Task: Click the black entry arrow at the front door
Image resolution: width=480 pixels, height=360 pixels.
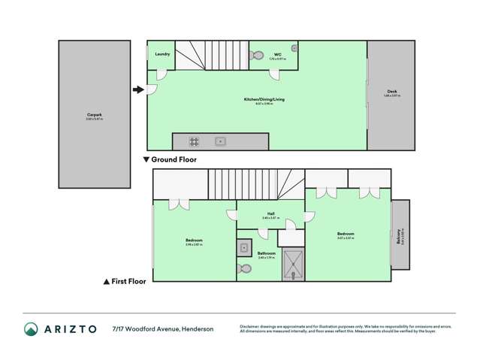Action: (x=137, y=90)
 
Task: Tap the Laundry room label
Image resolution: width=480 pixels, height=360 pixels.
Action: (x=162, y=54)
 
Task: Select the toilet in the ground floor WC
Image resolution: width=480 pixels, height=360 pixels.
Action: (x=258, y=55)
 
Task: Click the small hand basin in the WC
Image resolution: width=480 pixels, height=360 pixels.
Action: (x=294, y=48)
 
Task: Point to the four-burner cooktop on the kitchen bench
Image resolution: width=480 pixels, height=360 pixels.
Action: (x=194, y=141)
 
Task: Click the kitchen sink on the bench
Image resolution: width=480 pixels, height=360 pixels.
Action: (x=220, y=141)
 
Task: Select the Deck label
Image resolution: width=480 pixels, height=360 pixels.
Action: (x=391, y=92)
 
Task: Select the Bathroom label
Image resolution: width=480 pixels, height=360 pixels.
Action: (x=267, y=253)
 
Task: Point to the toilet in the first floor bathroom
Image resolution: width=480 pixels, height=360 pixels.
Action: (x=244, y=268)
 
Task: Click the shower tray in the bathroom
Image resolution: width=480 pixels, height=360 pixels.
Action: (x=291, y=263)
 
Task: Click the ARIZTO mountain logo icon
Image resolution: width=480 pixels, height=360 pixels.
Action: (x=31, y=328)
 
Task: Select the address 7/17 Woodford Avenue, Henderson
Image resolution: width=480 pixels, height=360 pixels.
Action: (x=162, y=328)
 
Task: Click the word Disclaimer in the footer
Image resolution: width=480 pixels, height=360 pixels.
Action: (x=250, y=326)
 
